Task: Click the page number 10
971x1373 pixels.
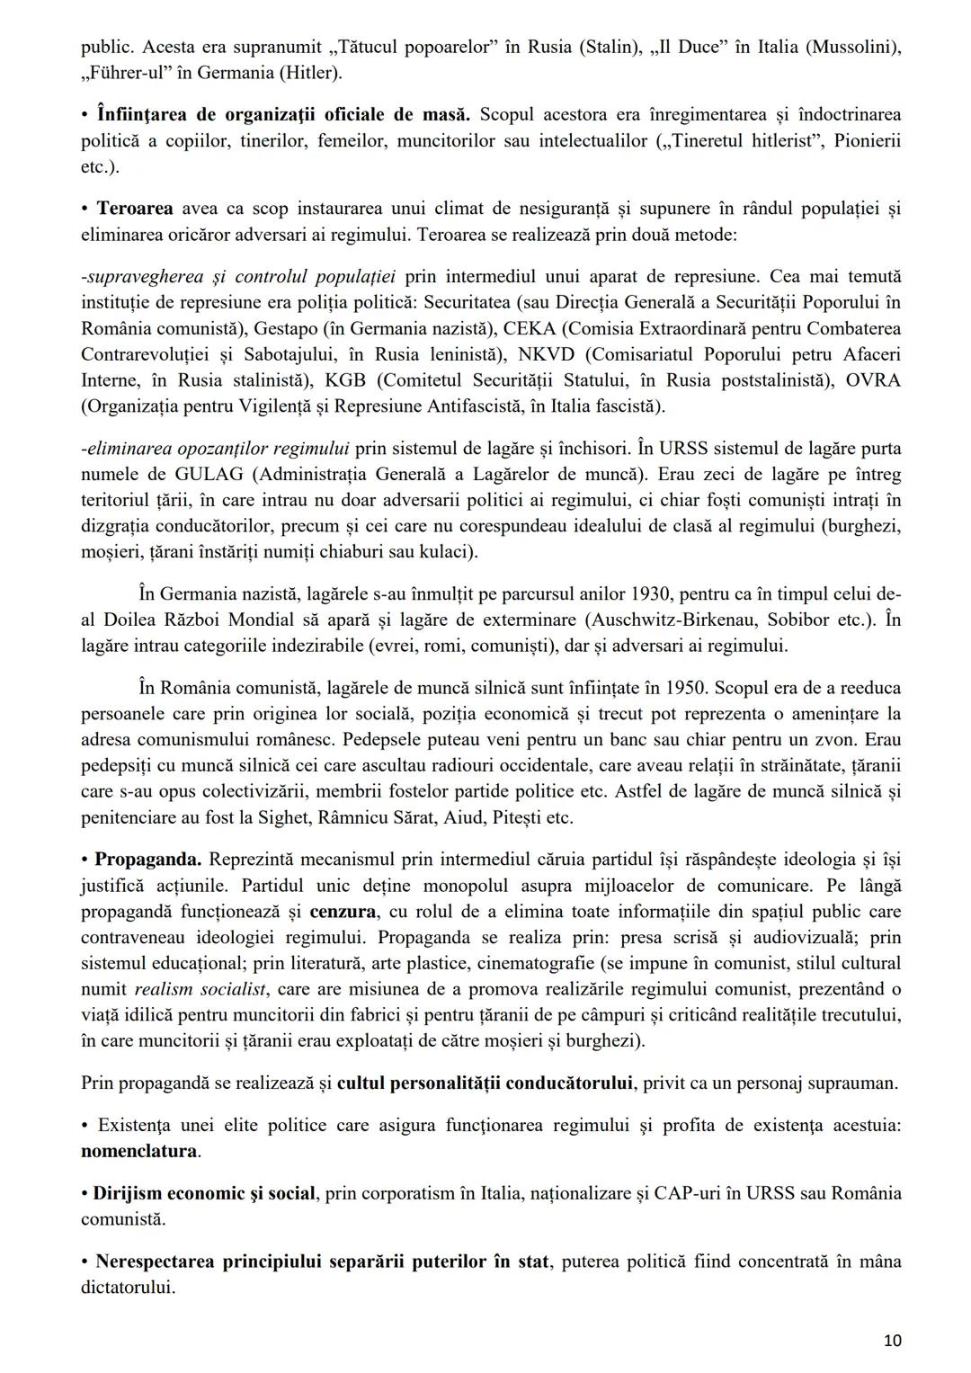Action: (x=892, y=1341)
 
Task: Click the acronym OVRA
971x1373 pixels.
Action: (x=873, y=380)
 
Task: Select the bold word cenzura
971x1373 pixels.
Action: (x=343, y=912)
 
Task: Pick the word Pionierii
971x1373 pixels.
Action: (x=866, y=141)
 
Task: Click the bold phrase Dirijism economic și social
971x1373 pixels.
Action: (x=204, y=1193)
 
